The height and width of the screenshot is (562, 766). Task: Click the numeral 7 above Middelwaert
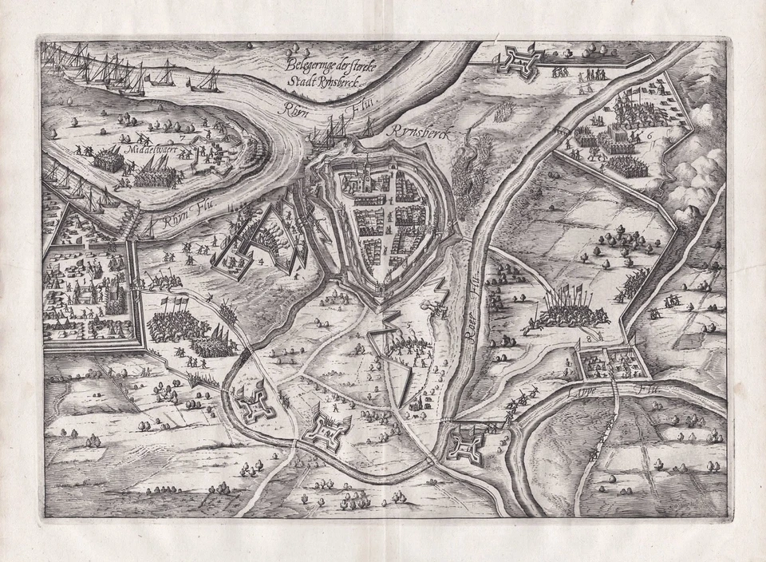point(182,138)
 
